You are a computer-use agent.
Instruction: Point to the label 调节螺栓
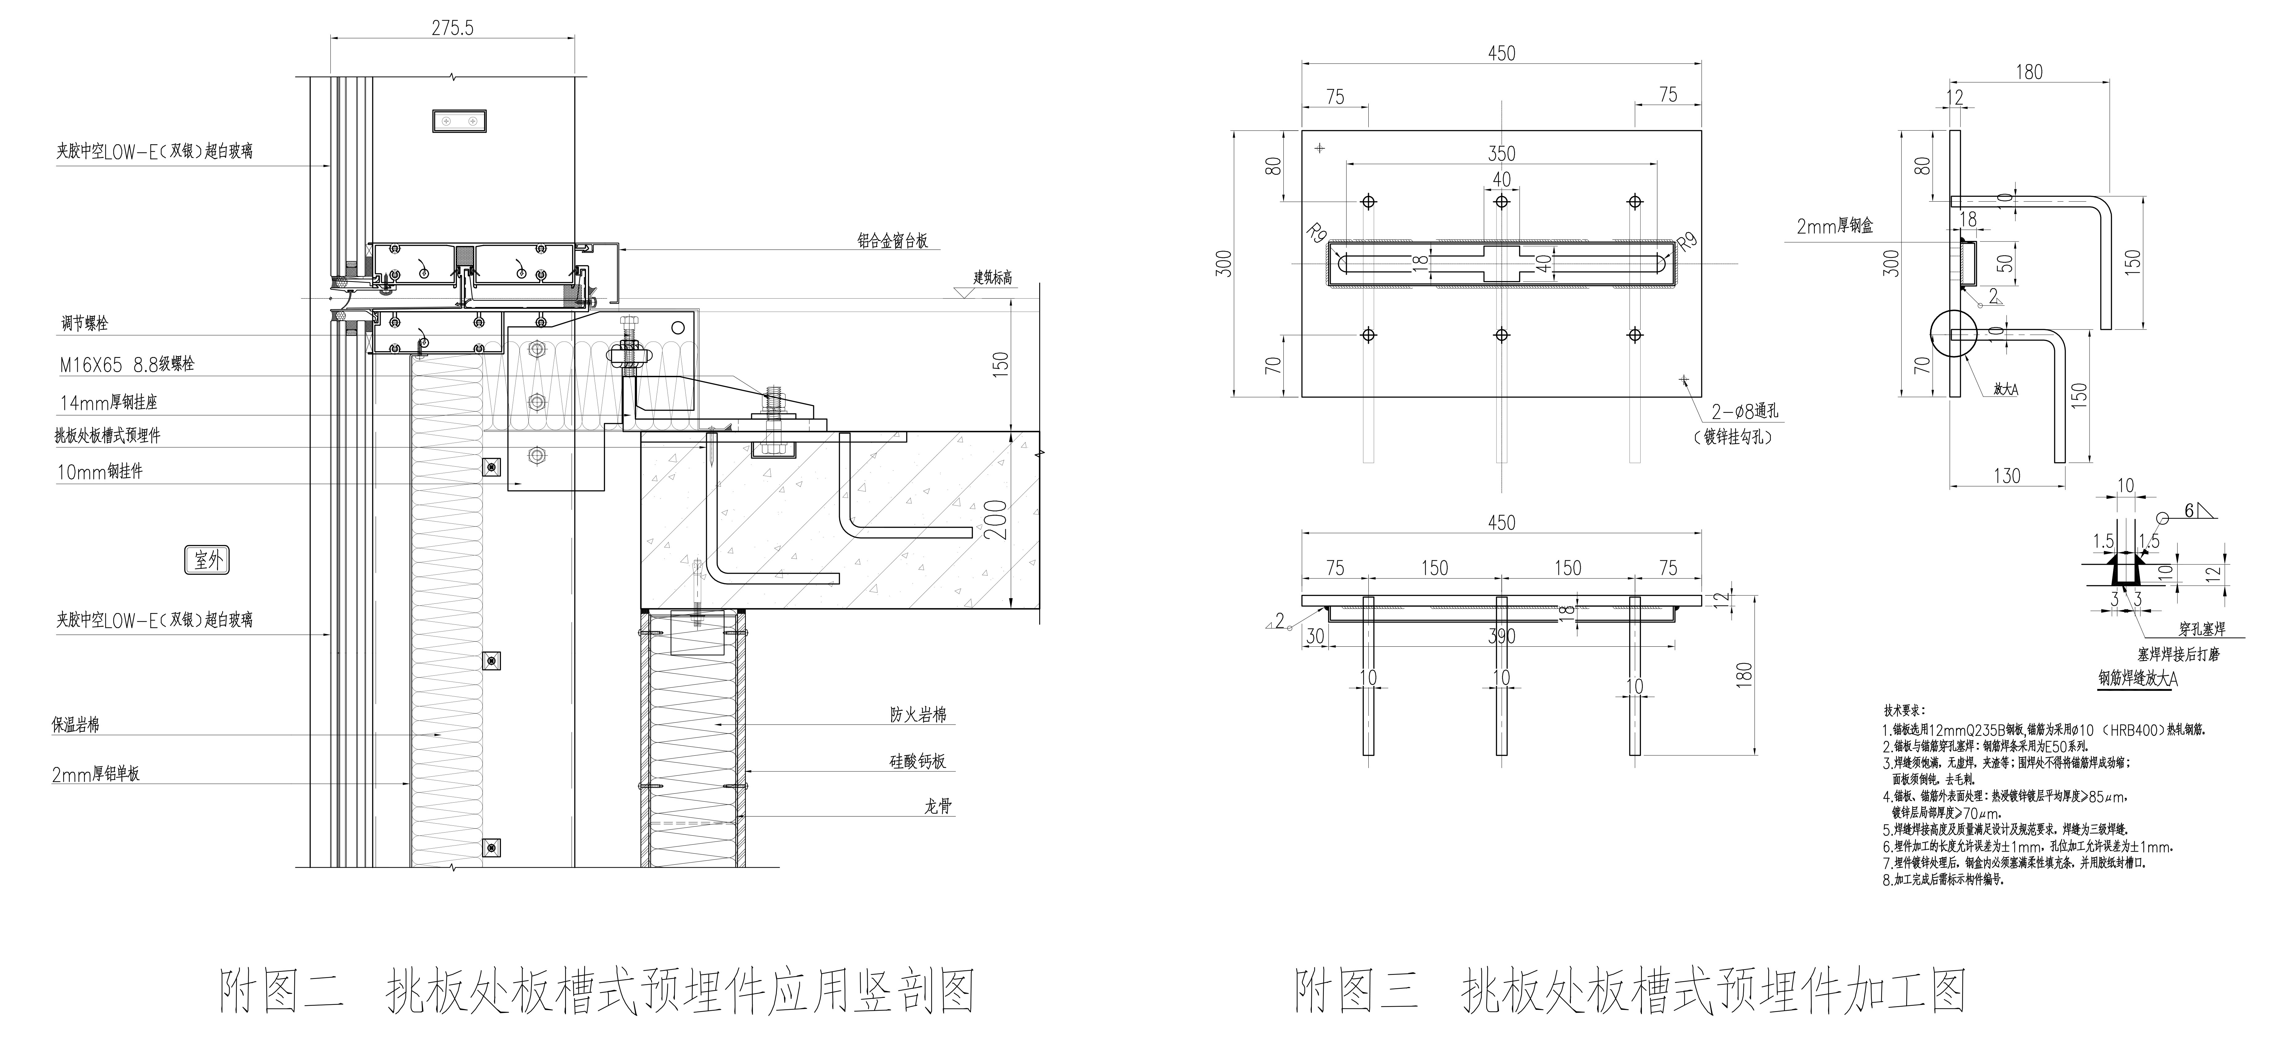85,323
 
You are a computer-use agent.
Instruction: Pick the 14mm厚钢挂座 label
109,402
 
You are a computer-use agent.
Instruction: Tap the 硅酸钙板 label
918,761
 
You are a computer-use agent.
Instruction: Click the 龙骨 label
937,806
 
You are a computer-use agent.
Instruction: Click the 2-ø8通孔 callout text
1745,412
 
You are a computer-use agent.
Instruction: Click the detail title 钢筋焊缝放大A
2137,678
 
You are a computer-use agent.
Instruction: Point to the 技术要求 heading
1903,710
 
